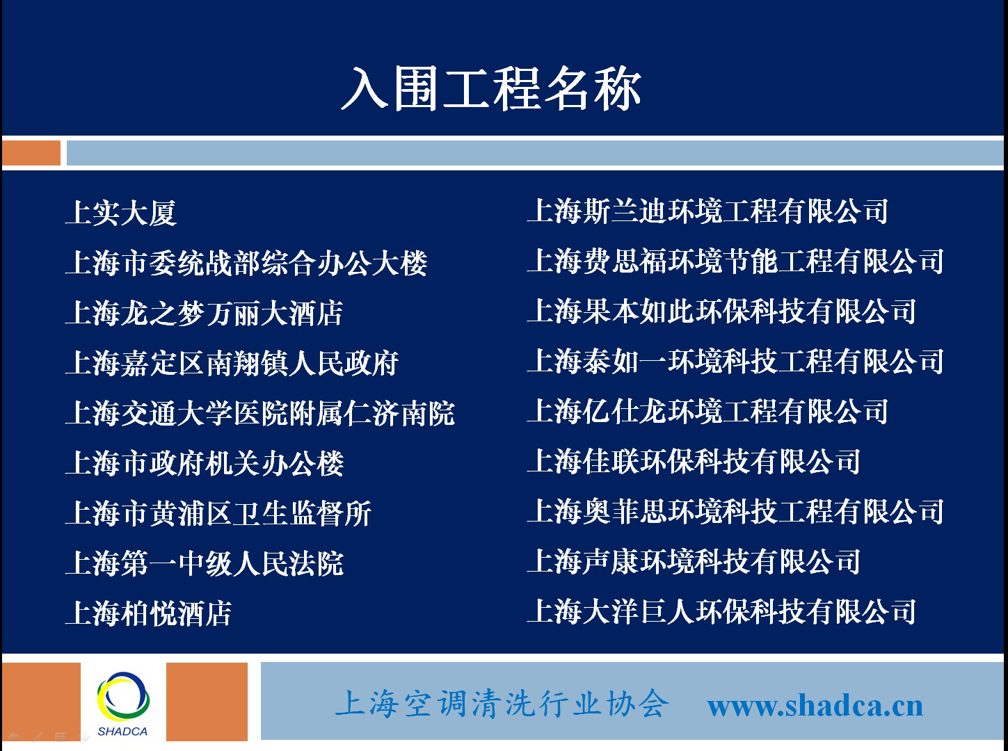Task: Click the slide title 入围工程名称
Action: pyautogui.click(x=491, y=89)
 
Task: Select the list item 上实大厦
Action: pyautogui.click(x=121, y=213)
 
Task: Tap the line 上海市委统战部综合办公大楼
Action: pyautogui.click(x=246, y=263)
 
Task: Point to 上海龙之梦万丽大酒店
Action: pyautogui.click(x=205, y=313)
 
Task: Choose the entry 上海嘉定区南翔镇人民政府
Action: pyautogui.click(x=232, y=363)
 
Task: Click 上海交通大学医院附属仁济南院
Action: pyautogui.click(x=260, y=413)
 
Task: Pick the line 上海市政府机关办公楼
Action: pyautogui.click(x=205, y=463)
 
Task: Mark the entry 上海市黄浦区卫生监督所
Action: pyautogui.click(x=218, y=513)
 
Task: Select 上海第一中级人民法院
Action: pyautogui.click(x=205, y=563)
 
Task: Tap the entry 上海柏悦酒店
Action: pyautogui.click(x=149, y=613)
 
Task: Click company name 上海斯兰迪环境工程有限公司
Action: pyautogui.click(x=707, y=211)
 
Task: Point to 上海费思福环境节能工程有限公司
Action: pyautogui.click(x=735, y=261)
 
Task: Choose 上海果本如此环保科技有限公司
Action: pyautogui.click(x=721, y=312)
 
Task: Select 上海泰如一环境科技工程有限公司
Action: pyautogui.click(x=735, y=362)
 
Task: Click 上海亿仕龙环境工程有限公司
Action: pyautogui.click(x=707, y=411)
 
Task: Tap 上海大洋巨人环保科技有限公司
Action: pyautogui.click(x=721, y=611)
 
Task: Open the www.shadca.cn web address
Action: pyautogui.click(x=815, y=706)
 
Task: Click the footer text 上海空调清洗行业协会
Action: pyautogui.click(x=502, y=703)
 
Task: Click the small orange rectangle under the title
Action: pyautogui.click(x=31, y=153)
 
